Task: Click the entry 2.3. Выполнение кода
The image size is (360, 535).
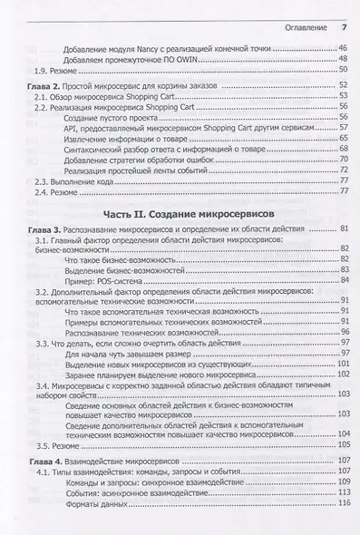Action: point(78,181)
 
